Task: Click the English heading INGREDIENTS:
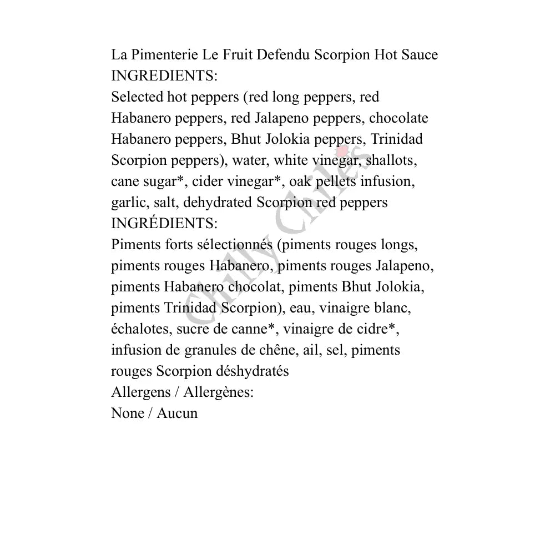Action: click(164, 76)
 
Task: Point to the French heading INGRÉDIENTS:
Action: click(164, 224)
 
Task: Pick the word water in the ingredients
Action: click(249, 160)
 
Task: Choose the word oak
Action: click(301, 181)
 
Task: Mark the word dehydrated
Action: click(217, 203)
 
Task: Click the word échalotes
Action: click(140, 329)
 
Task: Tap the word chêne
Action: click(271, 350)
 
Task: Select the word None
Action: click(127, 413)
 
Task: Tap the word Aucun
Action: click(177, 413)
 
